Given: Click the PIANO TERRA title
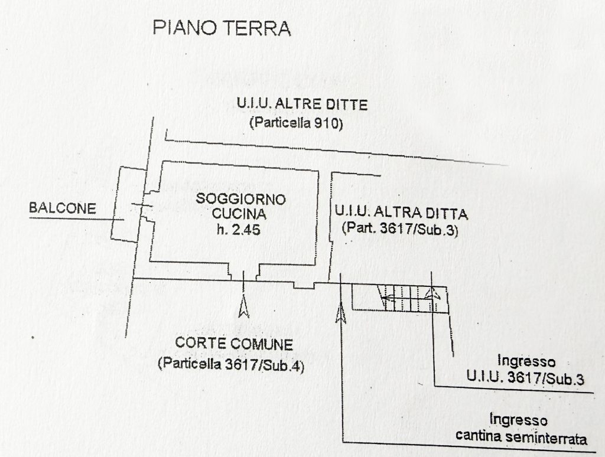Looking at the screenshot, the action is point(222,28).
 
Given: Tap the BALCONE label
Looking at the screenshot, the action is point(63,208).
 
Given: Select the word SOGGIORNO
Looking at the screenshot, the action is point(241,199).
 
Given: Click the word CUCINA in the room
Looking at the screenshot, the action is point(239,214).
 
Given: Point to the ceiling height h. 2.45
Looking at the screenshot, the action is point(239,230).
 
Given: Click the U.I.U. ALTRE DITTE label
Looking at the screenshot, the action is point(302,104).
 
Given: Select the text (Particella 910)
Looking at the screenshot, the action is point(297,123).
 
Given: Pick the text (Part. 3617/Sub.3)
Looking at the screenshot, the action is point(400,228).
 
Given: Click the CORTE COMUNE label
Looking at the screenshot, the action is point(234,344).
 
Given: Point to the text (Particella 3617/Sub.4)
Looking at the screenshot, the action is point(231,364).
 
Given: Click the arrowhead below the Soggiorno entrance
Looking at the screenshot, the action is point(243,306).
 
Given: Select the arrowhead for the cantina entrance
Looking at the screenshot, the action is point(341,313).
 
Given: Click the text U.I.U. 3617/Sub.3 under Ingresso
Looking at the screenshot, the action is point(525,377).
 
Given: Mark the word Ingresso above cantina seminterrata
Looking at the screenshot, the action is point(518,420).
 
